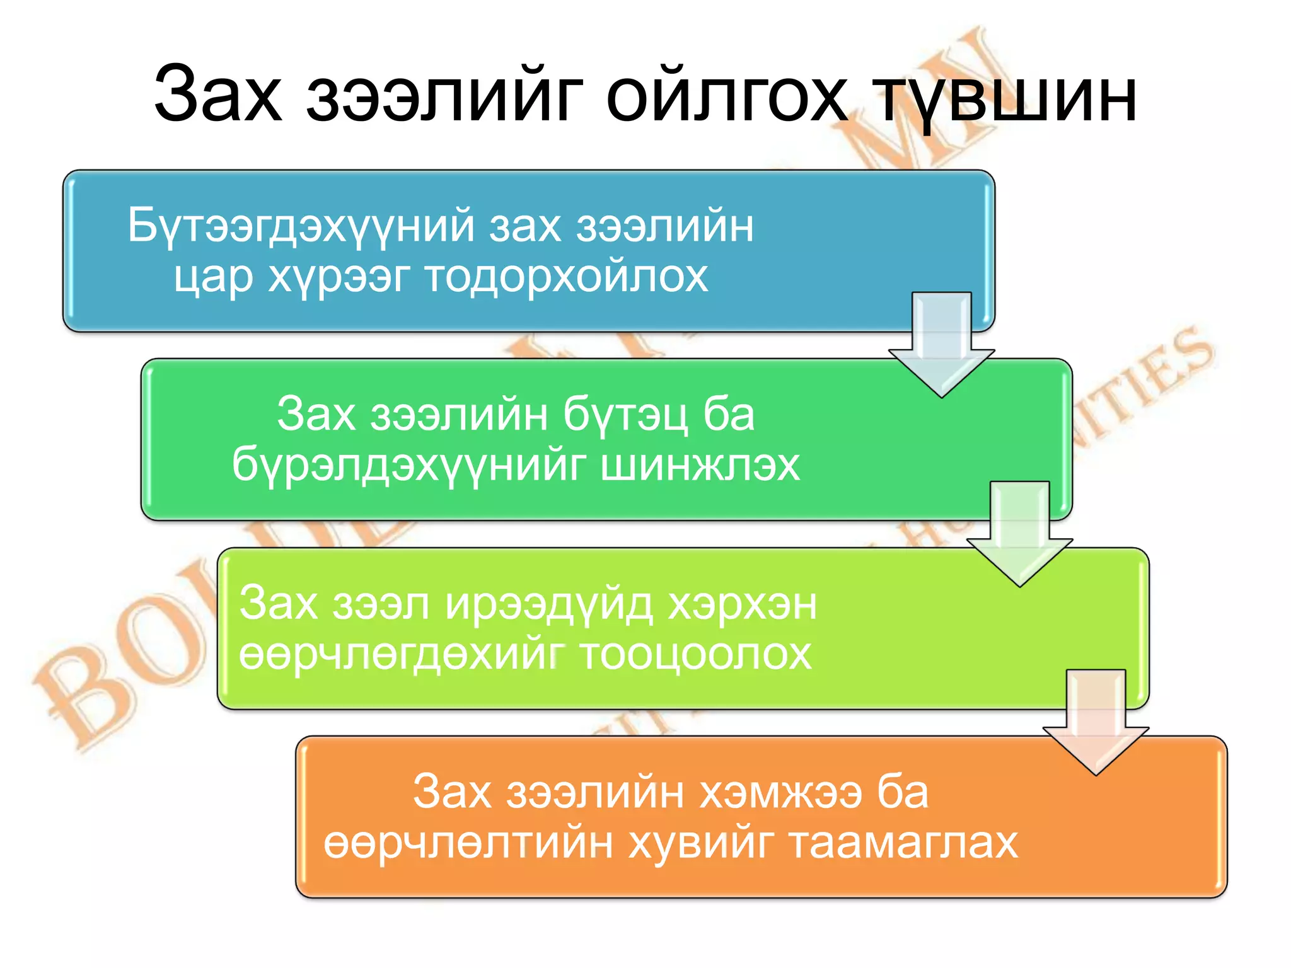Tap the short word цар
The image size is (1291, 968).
tap(213, 277)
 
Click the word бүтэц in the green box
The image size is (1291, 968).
tap(624, 415)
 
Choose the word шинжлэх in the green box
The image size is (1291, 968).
tap(700, 465)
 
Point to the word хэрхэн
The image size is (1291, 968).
tap(742, 604)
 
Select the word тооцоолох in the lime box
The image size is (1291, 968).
tap(695, 654)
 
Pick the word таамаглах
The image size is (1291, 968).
tap(903, 843)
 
